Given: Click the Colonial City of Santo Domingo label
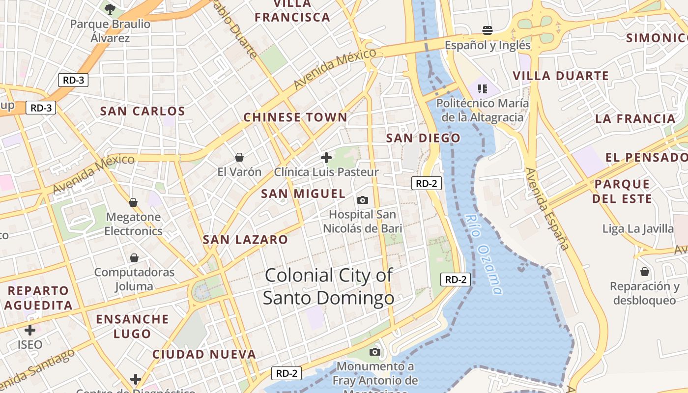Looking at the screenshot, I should click(328, 286).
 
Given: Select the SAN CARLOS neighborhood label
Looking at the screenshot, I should click(143, 111).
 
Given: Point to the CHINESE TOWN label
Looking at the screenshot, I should click(295, 117).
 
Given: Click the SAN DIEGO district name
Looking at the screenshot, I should click(423, 138).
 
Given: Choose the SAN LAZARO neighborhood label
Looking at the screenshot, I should click(245, 240).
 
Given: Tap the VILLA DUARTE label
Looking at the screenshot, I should click(561, 76).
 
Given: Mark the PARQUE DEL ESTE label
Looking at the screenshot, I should click(622, 192).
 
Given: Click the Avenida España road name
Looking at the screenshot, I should click(546, 209).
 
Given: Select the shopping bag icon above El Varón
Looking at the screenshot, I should click(239, 157).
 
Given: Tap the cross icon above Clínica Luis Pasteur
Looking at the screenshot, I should click(326, 158).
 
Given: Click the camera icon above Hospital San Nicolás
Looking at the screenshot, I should click(363, 200).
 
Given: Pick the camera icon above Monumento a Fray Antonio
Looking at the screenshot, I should click(375, 352).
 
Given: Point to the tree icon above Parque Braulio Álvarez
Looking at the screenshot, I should click(110, 9).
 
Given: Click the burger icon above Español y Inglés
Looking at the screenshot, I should click(487, 30).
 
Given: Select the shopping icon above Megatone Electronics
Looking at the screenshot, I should click(133, 202).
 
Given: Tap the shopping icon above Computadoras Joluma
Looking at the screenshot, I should click(134, 258).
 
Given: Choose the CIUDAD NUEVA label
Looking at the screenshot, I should click(204, 354).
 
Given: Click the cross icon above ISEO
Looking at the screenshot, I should click(30, 330).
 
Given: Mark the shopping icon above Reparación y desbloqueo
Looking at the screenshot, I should click(645, 272).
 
